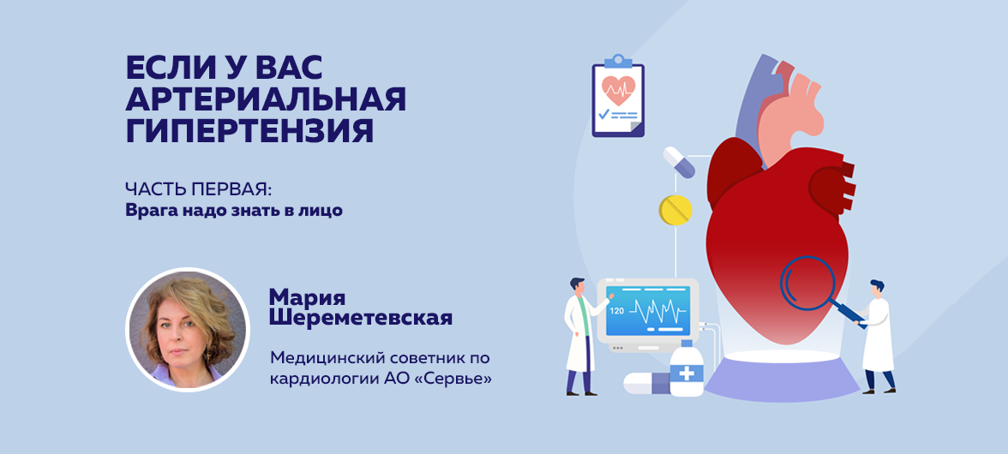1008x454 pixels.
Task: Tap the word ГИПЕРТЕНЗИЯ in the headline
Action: [249, 131]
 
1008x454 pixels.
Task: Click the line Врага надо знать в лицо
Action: [234, 212]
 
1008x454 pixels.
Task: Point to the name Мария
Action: [307, 297]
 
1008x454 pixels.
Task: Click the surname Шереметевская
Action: [361, 318]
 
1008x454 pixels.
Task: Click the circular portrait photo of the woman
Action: [188, 330]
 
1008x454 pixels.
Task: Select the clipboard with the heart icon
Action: [618, 96]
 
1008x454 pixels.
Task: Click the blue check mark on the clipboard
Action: [603, 114]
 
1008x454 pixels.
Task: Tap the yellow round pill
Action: [675, 209]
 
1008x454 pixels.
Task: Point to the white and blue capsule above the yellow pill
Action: [679, 162]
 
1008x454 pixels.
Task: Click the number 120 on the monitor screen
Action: [616, 311]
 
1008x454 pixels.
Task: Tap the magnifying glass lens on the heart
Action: [807, 284]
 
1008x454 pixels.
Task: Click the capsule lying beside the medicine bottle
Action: [646, 384]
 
